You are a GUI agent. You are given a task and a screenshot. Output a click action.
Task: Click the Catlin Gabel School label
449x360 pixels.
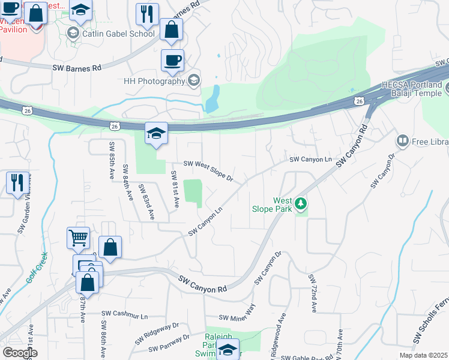pyautogui.click(x=118, y=34)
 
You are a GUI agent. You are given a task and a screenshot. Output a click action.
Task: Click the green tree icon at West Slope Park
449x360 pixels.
pyautogui.click(x=301, y=205)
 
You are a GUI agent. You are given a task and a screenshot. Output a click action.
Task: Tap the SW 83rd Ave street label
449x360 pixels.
pyautogui.click(x=146, y=202)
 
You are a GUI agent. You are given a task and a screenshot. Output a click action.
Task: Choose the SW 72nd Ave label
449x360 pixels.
pyautogui.click(x=313, y=293)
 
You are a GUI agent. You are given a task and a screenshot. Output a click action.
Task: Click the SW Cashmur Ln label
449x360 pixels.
pyautogui.click(x=124, y=313)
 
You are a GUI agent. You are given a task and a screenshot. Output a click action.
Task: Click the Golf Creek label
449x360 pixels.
pyautogui.click(x=36, y=271)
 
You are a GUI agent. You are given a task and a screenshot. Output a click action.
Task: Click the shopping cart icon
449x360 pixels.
pyautogui.click(x=79, y=238)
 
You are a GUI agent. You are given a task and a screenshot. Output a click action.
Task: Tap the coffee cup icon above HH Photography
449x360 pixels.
pyautogui.click(x=172, y=61)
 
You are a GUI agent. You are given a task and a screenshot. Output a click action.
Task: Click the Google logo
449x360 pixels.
pyautogui.click(x=20, y=353)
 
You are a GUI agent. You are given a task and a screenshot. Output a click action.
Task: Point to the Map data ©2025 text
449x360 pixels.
pyautogui.click(x=424, y=355)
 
